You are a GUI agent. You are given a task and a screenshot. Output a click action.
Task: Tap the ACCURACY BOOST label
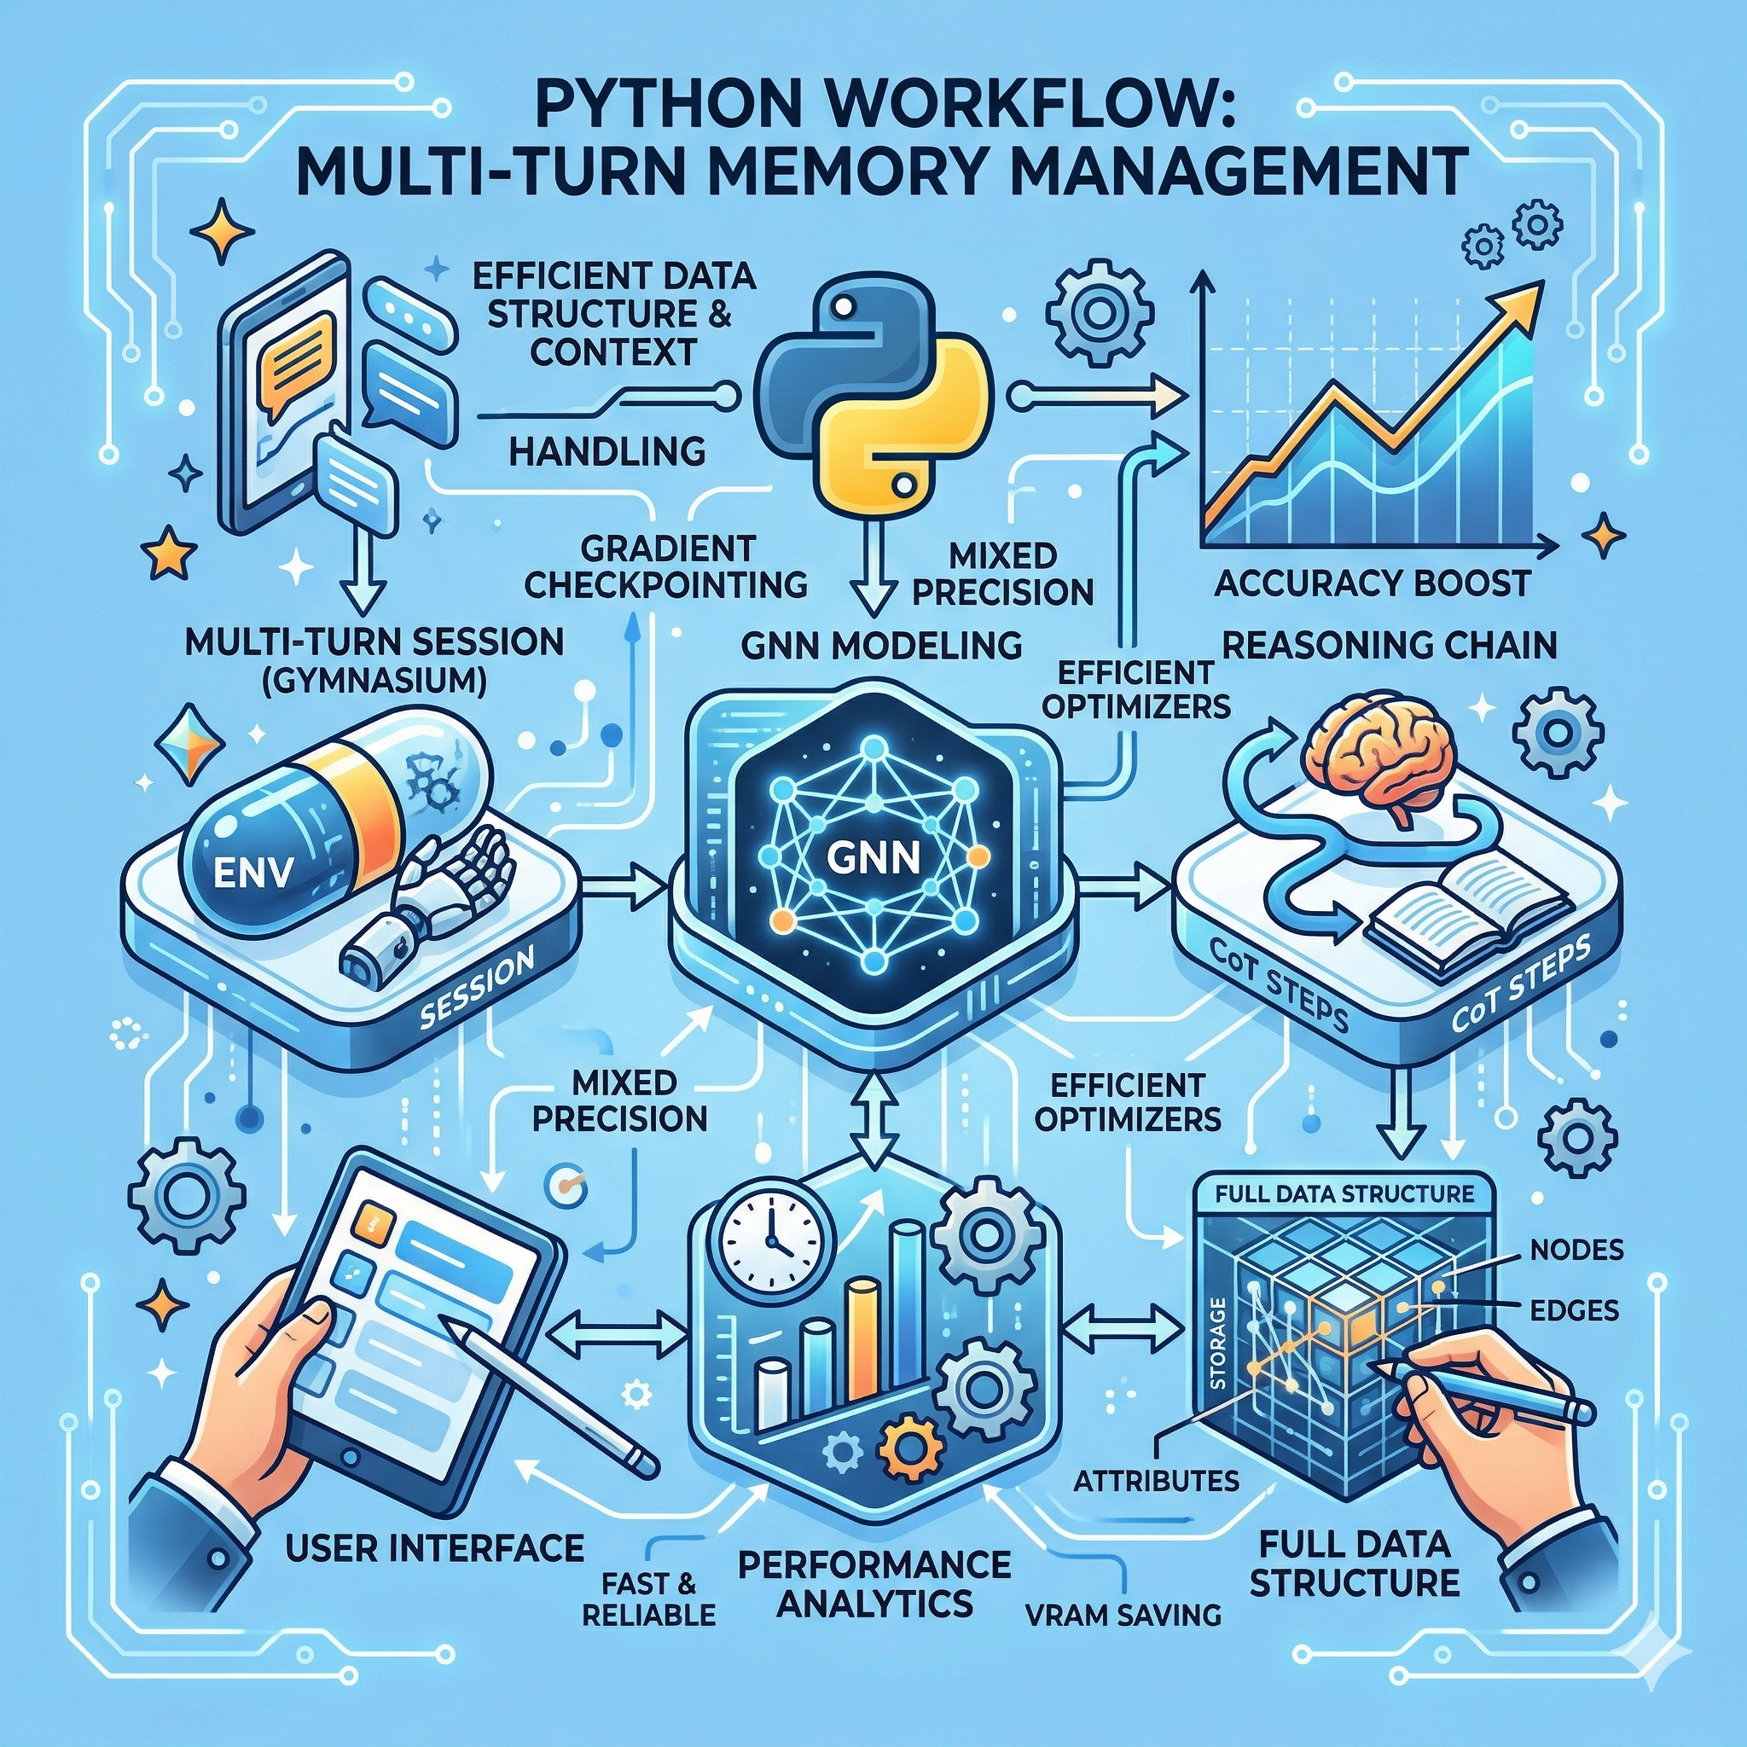[1372, 583]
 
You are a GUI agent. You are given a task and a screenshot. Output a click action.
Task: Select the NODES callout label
[1576, 1250]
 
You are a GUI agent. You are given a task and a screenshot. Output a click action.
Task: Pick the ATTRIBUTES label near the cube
[1157, 1480]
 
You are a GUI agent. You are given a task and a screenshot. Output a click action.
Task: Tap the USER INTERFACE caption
[434, 1547]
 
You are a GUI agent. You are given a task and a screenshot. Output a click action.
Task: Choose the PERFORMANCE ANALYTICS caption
[874, 1583]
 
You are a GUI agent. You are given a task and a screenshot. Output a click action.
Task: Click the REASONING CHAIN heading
[1389, 645]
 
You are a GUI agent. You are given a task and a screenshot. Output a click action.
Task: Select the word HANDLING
[607, 450]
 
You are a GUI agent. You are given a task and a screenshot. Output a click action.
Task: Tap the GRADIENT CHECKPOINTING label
[666, 566]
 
